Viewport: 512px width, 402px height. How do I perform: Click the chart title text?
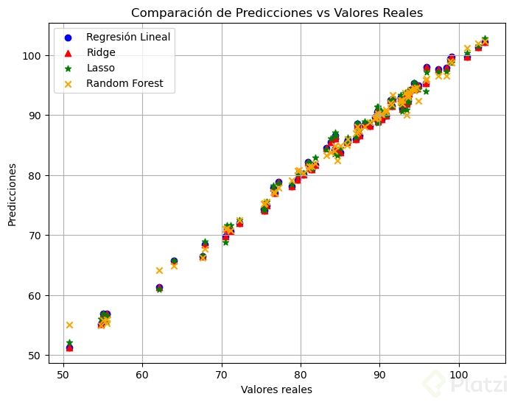click(277, 13)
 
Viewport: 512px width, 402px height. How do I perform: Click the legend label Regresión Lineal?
click(127, 37)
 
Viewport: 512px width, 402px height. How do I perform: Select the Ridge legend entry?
click(101, 53)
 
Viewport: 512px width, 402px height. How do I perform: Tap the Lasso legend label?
click(102, 68)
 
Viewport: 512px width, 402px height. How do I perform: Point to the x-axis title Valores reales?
click(276, 389)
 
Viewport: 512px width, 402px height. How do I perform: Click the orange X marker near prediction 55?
click(69, 325)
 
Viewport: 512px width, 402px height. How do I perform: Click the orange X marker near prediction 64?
click(159, 270)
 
